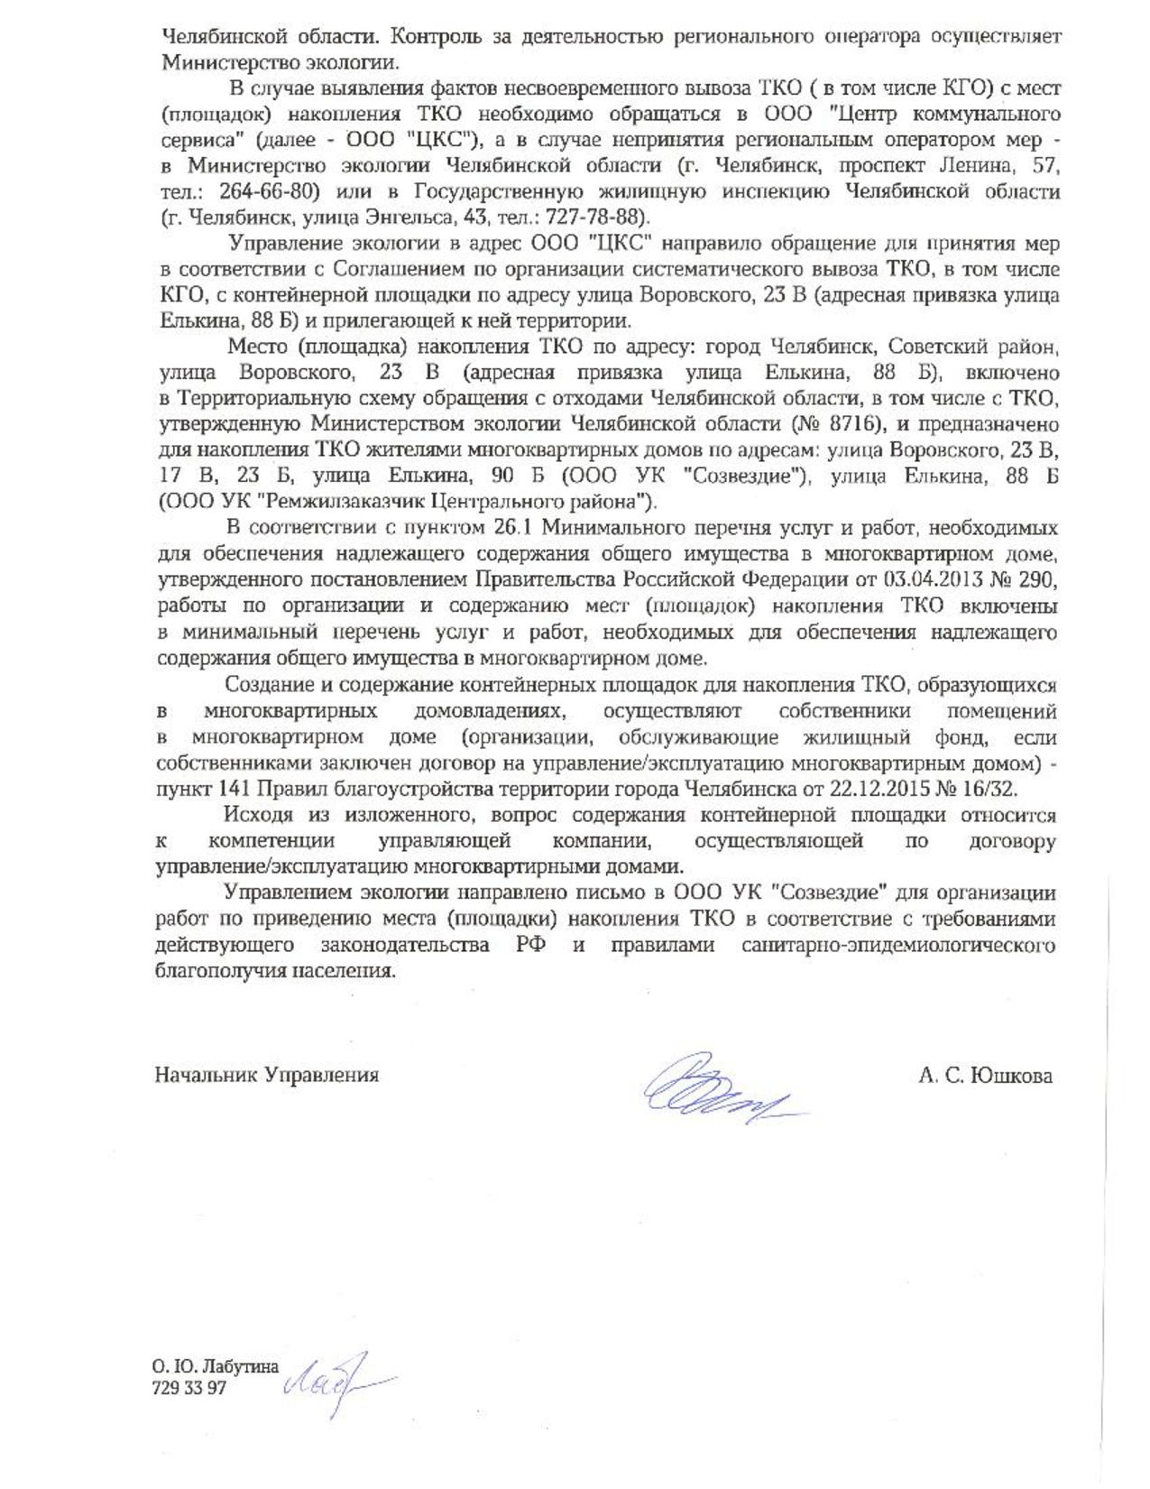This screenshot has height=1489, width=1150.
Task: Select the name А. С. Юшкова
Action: (985, 1075)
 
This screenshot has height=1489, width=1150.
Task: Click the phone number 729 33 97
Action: (190, 1388)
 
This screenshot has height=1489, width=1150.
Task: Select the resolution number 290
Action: (1037, 578)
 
